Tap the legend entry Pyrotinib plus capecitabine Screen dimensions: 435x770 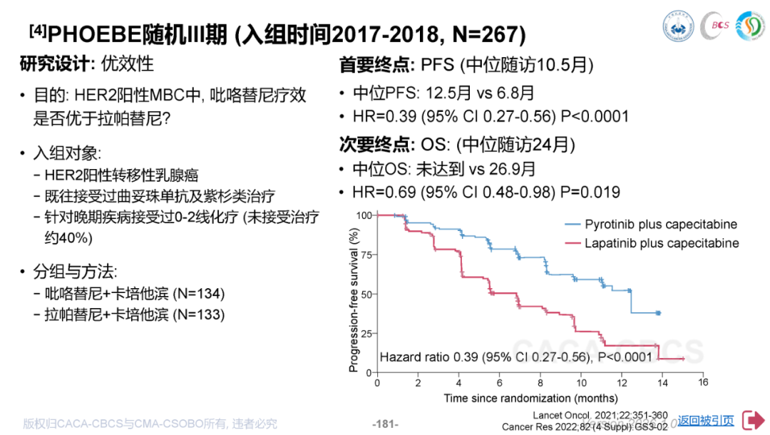coord(661,225)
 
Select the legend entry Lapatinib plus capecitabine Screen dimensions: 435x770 coord(662,243)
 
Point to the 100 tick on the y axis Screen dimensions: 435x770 coord(364,215)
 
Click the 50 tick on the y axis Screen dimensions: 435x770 coord(366,294)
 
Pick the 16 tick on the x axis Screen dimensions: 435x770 coord(703,383)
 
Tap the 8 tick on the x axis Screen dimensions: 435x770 coord(540,383)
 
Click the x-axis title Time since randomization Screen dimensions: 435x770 coord(530,398)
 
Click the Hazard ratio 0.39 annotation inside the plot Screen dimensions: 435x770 coord(516,357)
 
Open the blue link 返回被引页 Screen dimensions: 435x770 coord(706,421)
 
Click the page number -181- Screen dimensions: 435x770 coord(385,424)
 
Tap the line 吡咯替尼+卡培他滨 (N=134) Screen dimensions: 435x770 coord(135,294)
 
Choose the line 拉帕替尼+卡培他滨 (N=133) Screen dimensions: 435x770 coord(135,314)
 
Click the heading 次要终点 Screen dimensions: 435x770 coord(376,144)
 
